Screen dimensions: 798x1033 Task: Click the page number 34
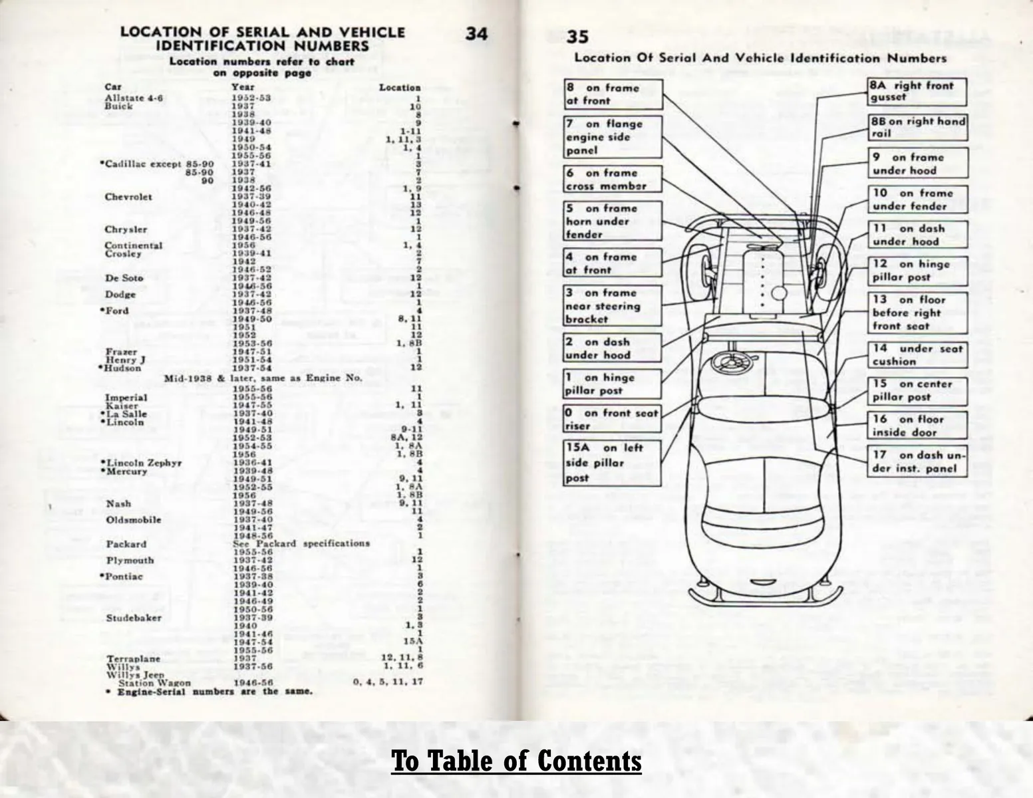coord(476,33)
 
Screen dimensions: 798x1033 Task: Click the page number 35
coord(577,37)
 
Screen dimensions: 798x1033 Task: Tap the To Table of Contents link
coord(516,761)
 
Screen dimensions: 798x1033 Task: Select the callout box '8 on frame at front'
coord(613,94)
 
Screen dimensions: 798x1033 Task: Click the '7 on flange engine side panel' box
coord(613,137)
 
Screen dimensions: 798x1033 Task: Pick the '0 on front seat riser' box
coord(613,420)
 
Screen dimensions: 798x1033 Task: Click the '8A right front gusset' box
coord(917,91)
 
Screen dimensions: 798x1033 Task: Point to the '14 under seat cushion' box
coord(917,355)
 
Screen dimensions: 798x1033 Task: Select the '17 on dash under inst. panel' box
coord(917,462)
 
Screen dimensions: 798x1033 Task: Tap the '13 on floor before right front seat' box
coord(917,313)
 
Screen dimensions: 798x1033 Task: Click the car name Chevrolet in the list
coord(128,197)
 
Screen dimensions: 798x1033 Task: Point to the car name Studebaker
coord(134,618)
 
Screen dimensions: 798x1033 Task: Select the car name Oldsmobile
coord(134,520)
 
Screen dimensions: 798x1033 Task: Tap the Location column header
coord(400,87)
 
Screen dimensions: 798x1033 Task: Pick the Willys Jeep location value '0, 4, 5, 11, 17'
coord(388,682)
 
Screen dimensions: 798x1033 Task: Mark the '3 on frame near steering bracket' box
coord(613,306)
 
